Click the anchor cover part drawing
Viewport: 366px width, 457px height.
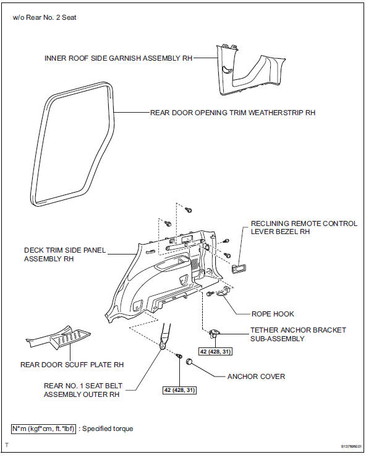pyautogui.click(x=190, y=362)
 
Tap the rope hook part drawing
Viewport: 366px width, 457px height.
pyautogui.click(x=224, y=292)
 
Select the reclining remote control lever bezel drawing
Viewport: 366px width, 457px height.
pyautogui.click(x=239, y=268)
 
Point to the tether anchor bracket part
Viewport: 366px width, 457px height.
pyautogui.click(x=215, y=333)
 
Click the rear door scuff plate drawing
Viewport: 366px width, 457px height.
pyautogui.click(x=58, y=337)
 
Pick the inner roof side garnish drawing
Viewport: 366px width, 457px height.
pyautogui.click(x=250, y=71)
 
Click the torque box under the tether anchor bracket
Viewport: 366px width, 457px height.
pyautogui.click(x=215, y=352)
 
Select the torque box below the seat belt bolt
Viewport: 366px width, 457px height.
pyautogui.click(x=179, y=390)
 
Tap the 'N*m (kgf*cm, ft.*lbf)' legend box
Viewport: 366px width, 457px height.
pyautogui.click(x=44, y=429)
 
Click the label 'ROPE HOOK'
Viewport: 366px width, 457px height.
pyautogui.click(x=273, y=314)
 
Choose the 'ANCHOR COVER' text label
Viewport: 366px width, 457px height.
pyautogui.click(x=256, y=376)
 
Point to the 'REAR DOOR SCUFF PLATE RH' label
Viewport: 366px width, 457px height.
pyautogui.click(x=72, y=365)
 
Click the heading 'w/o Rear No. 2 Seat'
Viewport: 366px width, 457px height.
pyautogui.click(x=45, y=17)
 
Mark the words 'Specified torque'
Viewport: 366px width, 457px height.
pyautogui.click(x=108, y=429)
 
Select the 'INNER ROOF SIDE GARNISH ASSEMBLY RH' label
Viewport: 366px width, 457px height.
pyautogui.click(x=119, y=58)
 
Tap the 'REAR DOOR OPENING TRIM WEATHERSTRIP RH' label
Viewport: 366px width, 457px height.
pyautogui.click(x=232, y=113)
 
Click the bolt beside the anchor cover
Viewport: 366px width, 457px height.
pyautogui.click(x=179, y=356)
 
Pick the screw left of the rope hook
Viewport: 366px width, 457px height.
pyautogui.click(x=210, y=294)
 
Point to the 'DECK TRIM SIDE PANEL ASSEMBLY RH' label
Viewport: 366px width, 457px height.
pyautogui.click(x=64, y=255)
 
